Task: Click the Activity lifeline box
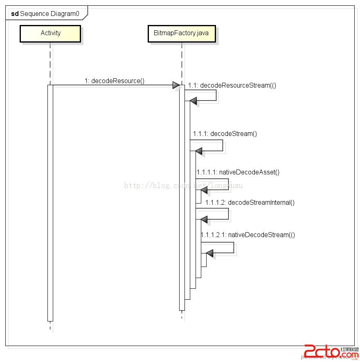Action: (x=50, y=33)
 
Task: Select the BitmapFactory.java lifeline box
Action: (x=181, y=33)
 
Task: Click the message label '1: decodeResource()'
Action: (x=115, y=81)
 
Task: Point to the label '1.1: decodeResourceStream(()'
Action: (x=232, y=86)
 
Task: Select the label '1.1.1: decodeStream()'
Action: (x=225, y=134)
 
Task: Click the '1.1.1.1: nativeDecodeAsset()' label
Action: (x=238, y=172)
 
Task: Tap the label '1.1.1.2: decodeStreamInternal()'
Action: (x=250, y=202)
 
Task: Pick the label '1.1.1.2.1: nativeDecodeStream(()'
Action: (x=248, y=235)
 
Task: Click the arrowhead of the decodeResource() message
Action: (x=175, y=85)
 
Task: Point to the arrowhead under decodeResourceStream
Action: (x=193, y=101)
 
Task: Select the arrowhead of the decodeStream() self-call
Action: (x=199, y=151)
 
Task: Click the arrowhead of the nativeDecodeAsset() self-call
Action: (x=204, y=190)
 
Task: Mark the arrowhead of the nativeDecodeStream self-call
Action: (x=209, y=253)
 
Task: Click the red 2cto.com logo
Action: (x=321, y=351)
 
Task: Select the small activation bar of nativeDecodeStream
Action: (x=203, y=260)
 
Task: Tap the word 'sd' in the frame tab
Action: (x=15, y=14)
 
